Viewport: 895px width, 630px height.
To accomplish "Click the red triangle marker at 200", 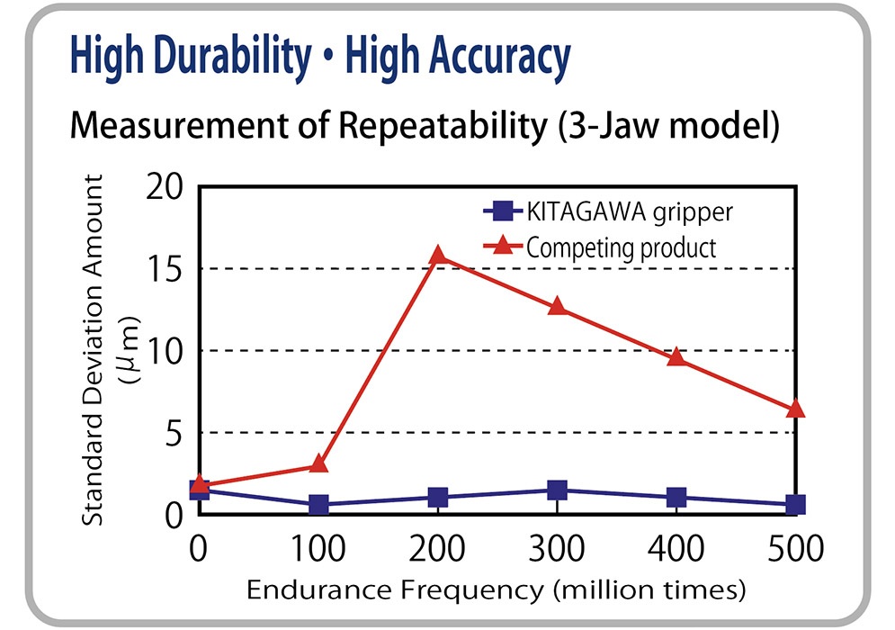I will point(438,256).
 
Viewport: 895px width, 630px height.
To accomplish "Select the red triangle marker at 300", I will point(558,307).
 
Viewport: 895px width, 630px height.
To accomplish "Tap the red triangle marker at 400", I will point(676,357).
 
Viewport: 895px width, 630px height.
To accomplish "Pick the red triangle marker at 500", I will point(795,409).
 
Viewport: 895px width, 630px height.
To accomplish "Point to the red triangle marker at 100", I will point(318,464).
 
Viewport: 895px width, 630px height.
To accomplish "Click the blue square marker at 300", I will point(558,490).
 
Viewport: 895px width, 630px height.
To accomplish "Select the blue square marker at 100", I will point(318,505).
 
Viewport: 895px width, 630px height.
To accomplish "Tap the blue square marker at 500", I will point(795,505).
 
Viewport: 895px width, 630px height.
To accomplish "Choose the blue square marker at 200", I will point(438,498).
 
